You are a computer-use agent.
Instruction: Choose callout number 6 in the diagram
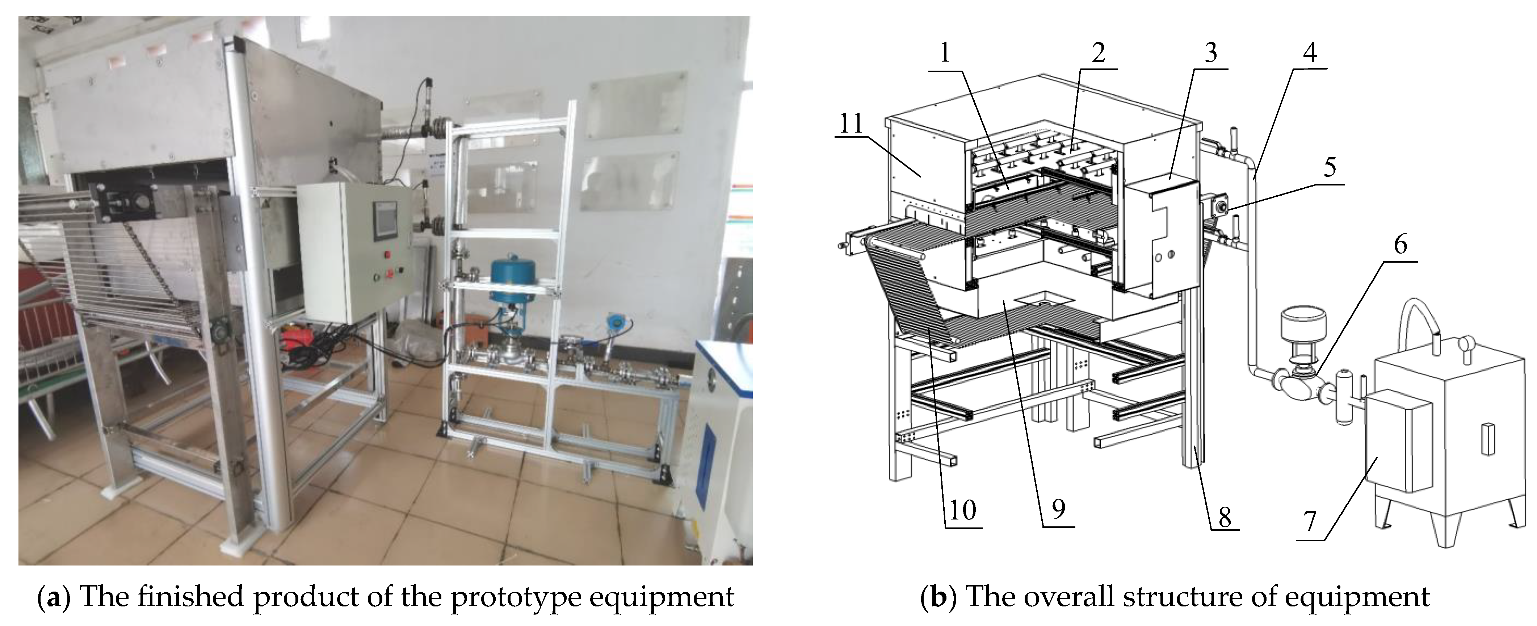[x=1400, y=245]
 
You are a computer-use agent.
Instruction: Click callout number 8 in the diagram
[x=1224, y=517]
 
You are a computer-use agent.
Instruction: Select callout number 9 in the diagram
[x=1058, y=509]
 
